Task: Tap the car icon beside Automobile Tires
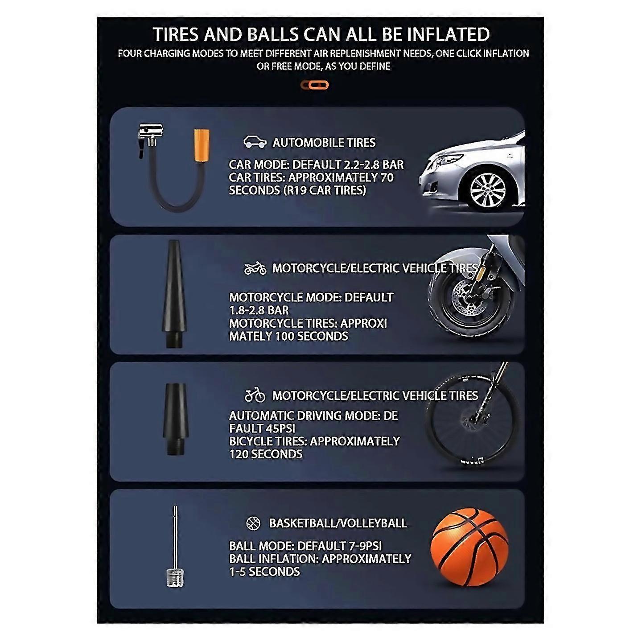255,142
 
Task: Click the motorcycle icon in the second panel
255,268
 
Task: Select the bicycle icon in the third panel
255,395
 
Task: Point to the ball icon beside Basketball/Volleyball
253,523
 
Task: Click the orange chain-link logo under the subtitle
314,85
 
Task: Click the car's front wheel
488,190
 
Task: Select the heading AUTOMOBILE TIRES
324,143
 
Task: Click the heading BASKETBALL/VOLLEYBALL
338,523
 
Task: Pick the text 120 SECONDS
266,454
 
